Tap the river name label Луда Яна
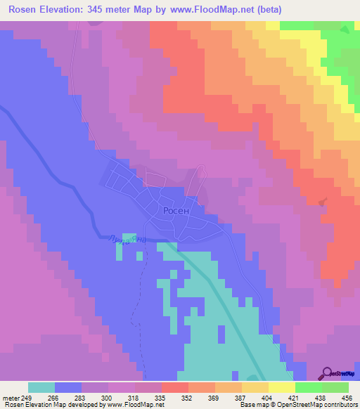tap(129, 240)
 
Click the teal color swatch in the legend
tap(41, 387)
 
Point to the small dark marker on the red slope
tap(323, 202)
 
